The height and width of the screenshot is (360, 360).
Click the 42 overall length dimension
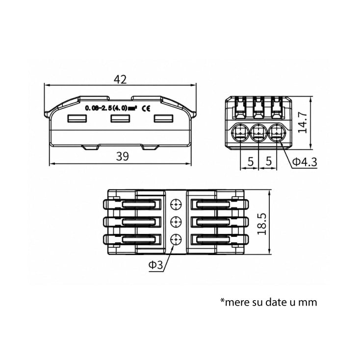pos(120,79)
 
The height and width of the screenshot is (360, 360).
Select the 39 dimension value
pos(123,156)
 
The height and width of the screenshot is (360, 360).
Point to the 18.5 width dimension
pos(262,224)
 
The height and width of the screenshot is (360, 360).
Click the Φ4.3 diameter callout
pos(305,162)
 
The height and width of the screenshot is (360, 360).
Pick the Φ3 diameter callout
pos(155,265)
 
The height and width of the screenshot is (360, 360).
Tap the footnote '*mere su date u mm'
pos(269,302)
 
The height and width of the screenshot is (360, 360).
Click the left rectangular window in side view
pos(77,119)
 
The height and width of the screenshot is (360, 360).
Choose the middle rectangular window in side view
pos(120,119)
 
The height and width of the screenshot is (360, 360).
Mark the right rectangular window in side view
pos(163,119)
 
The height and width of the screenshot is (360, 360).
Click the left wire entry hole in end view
pos(240,133)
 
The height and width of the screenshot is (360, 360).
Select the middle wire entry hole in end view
pos(258,133)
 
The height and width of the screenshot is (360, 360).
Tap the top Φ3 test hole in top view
pos(176,204)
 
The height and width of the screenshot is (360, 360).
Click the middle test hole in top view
pos(176,222)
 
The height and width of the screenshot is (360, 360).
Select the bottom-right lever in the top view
pos(220,239)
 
